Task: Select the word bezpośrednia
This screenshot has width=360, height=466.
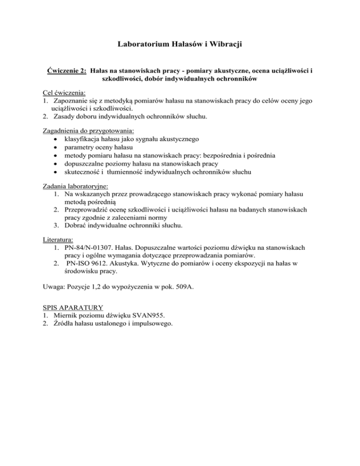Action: (210, 156)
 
